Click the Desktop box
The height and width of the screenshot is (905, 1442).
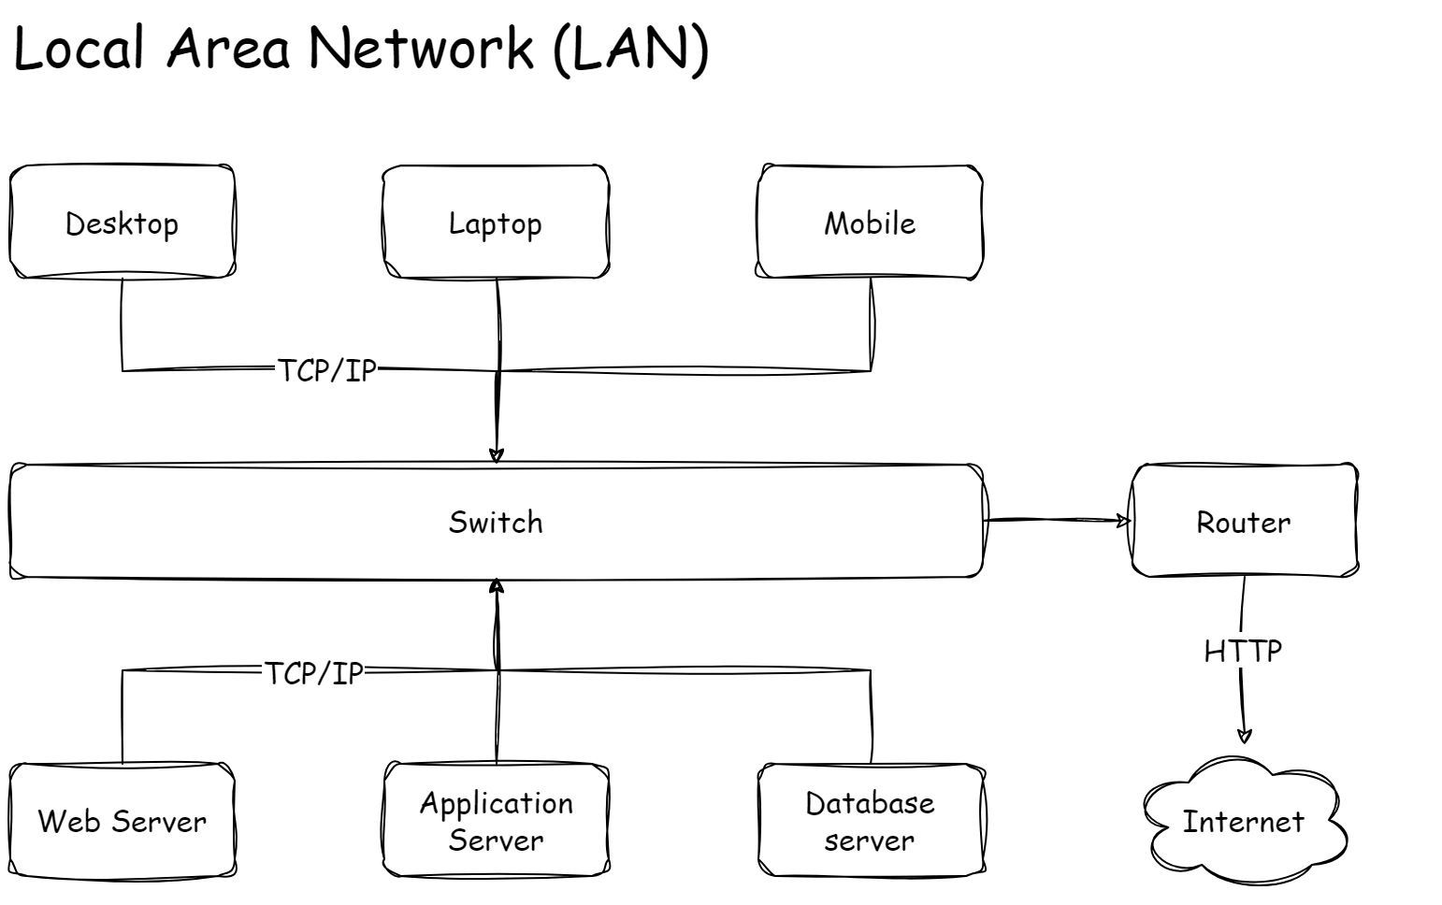[122, 223]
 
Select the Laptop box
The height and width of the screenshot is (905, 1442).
[496, 223]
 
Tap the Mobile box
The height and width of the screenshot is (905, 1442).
[870, 223]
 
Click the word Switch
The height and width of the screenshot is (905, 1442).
[496, 522]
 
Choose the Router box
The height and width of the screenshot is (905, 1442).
[1244, 522]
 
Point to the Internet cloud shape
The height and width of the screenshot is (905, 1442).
[1244, 821]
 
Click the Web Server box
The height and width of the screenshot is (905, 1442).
[122, 821]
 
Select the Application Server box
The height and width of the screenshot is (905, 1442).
[496, 821]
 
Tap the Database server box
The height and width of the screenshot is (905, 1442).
[870, 821]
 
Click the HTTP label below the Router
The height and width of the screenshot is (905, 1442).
[1243, 651]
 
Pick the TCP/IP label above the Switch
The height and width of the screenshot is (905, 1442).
[327, 370]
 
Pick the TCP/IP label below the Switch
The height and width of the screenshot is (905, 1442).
[313, 673]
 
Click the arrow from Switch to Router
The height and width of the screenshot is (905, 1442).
[1057, 520]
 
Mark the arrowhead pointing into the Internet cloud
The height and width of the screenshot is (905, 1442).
[1245, 737]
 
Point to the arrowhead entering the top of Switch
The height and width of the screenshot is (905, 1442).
[497, 456]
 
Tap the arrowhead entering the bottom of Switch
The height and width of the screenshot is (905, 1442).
[497, 586]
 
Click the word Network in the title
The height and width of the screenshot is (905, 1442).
[421, 49]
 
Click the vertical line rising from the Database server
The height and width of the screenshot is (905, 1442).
[872, 716]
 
